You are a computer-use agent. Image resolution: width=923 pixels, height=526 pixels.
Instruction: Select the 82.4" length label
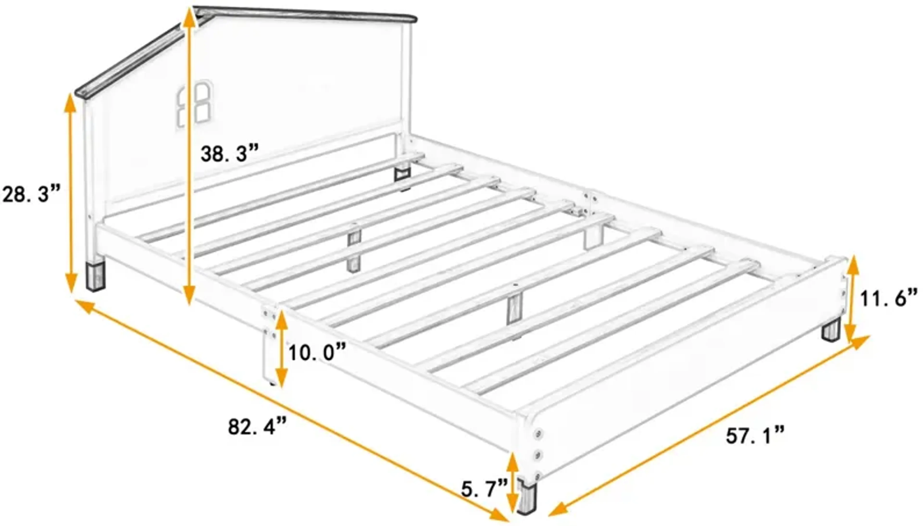[257, 427]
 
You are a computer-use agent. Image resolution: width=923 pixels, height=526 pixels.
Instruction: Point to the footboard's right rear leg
[831, 330]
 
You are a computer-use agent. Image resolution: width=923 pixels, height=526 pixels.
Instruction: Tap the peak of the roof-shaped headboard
[195, 10]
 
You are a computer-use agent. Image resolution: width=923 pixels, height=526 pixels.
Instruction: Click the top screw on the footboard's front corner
[539, 433]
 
